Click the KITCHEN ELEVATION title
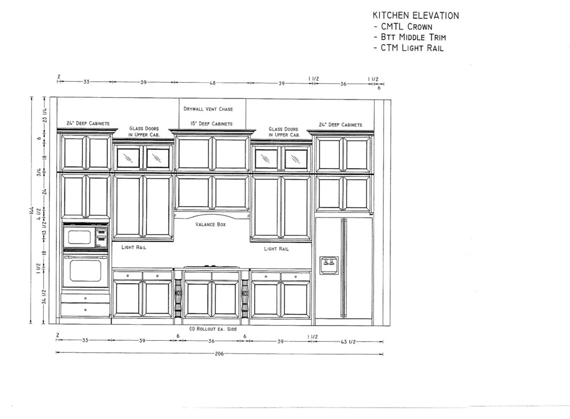click(x=416, y=16)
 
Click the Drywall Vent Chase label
click(x=208, y=109)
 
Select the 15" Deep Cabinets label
click(x=211, y=124)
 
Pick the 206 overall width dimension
click(x=219, y=354)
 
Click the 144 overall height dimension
click(x=32, y=213)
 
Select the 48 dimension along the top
click(x=212, y=83)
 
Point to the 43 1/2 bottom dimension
click(x=349, y=341)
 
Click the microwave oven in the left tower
click(x=85, y=237)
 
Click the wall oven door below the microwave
click(x=85, y=270)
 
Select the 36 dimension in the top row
click(x=343, y=83)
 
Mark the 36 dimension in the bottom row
click(x=211, y=341)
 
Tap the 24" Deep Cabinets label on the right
click(x=340, y=125)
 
